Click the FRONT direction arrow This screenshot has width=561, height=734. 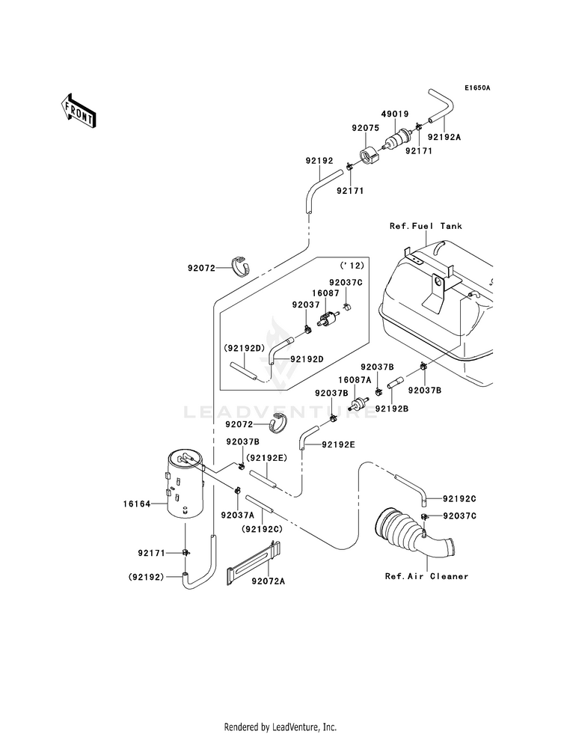point(78,111)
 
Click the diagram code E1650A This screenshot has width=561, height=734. point(476,88)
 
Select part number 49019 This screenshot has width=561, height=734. point(394,114)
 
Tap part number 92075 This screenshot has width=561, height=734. point(365,127)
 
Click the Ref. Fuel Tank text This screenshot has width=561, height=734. point(426,226)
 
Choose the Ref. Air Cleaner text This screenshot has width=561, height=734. point(426,576)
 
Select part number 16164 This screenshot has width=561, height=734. point(137,504)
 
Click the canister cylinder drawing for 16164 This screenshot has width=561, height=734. point(185,485)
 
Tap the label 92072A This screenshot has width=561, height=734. point(268,581)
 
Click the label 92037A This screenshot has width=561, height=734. point(237,515)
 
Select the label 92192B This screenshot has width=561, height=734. point(392,409)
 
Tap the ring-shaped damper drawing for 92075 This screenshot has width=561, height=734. point(370,155)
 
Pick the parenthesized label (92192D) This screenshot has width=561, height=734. point(244,348)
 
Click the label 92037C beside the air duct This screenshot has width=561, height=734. point(459,516)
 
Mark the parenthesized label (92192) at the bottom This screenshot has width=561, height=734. point(147,577)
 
